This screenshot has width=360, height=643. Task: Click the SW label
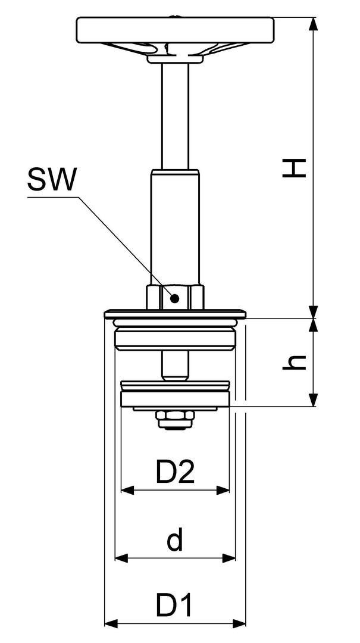(x=52, y=180)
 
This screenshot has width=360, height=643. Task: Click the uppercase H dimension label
(x=295, y=168)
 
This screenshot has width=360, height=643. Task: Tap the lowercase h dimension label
(x=295, y=362)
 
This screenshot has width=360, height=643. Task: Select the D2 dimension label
(x=175, y=472)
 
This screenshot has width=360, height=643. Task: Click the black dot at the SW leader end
(x=175, y=298)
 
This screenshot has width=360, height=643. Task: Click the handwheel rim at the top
(x=175, y=30)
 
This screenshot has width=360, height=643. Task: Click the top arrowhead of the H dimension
(x=313, y=23)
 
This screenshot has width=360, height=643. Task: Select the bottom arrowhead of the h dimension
(x=313, y=400)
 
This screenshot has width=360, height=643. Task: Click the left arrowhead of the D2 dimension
(x=127, y=489)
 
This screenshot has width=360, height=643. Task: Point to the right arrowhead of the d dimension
(x=228, y=558)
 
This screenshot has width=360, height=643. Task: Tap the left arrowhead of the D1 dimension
(x=111, y=624)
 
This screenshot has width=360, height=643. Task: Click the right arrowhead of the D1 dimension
(x=239, y=624)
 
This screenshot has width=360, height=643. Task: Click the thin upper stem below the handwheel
(x=175, y=116)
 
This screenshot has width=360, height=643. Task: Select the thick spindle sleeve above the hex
(x=175, y=227)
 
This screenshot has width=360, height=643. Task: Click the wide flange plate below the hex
(x=175, y=314)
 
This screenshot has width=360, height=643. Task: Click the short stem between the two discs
(x=175, y=366)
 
